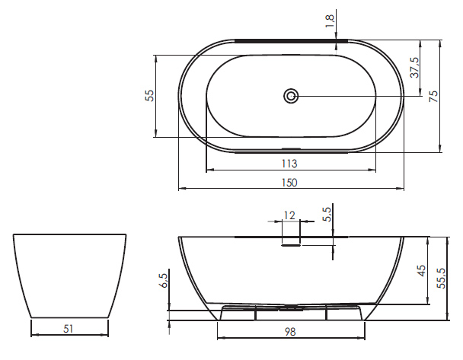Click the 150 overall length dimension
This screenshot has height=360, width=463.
click(x=289, y=183)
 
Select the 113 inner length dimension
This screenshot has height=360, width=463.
click(x=289, y=164)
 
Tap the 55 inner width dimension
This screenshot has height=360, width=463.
click(x=150, y=96)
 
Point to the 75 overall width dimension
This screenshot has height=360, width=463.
click(x=433, y=96)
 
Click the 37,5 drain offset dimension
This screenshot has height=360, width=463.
click(x=415, y=67)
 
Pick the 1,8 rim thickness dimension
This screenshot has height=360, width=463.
click(x=330, y=21)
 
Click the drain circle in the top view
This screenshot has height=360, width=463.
click(x=291, y=96)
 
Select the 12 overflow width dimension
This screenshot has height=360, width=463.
click(x=289, y=215)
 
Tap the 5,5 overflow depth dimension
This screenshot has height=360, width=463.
click(x=327, y=214)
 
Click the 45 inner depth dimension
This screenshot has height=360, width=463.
click(x=422, y=271)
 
